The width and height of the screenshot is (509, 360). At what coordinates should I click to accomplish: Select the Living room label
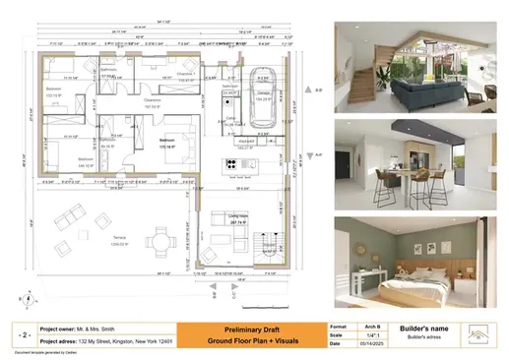click(236, 218)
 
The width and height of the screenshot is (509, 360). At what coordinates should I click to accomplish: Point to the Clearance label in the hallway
click(151, 101)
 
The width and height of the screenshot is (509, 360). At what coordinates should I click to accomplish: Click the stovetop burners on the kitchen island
click(233, 163)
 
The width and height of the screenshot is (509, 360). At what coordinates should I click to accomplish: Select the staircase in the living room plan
click(263, 248)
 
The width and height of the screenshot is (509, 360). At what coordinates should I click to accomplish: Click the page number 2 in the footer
click(22, 332)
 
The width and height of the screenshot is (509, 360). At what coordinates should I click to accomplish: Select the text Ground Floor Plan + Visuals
click(240, 340)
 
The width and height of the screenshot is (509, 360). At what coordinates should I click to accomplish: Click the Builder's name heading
click(425, 326)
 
